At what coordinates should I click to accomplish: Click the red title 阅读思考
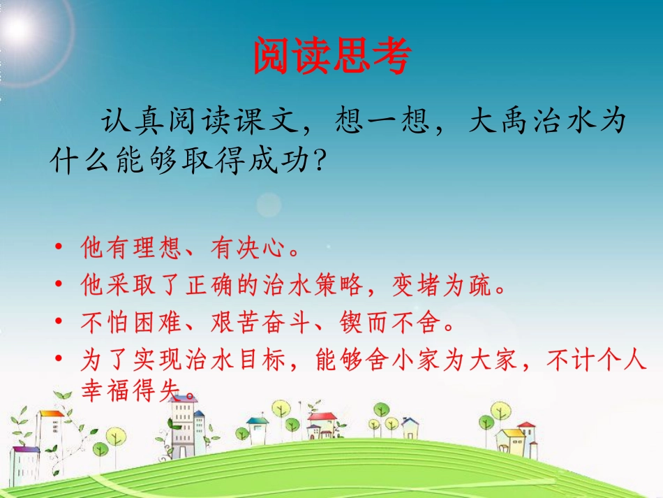[x=331, y=55]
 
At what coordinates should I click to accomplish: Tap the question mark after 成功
[x=318, y=161]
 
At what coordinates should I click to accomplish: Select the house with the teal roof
[x=257, y=427]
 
